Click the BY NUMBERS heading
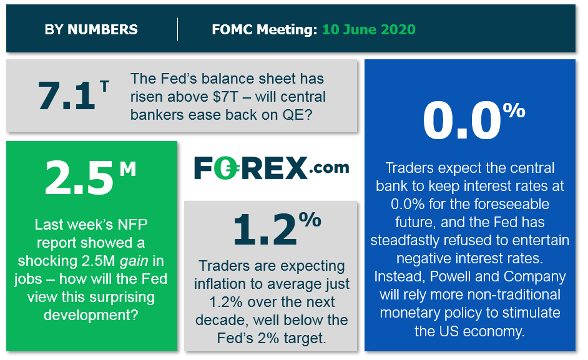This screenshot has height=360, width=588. pos(91,29)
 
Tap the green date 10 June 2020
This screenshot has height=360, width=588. pos(369,29)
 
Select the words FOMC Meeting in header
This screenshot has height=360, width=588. pos(265,29)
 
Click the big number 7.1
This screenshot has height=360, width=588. pos(66,95)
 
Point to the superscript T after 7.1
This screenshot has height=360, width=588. pos(104,87)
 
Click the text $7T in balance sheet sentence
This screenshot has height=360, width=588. pos(225,97)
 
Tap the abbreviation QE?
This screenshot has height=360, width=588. pos(297,115)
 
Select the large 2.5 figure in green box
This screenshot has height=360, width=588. pos(79,178)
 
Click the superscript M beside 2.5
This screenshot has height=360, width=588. pos(128,168)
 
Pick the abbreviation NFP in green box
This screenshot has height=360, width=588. pos(133,224)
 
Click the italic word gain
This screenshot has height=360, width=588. pos(134,261)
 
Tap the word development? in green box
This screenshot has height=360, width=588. pos(91,315)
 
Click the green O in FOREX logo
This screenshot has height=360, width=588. pos(227,168)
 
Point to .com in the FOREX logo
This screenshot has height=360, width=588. pos(329,168)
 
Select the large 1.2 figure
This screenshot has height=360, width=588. pos(265,230)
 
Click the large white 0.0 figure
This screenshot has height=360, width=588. pos(462,121)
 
